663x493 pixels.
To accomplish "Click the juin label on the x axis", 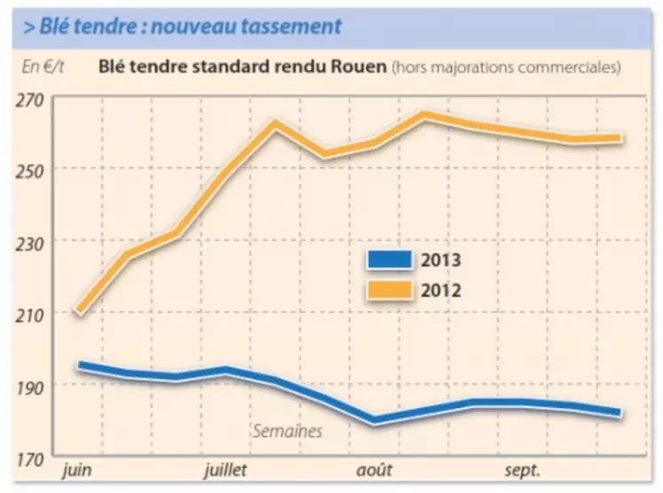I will (79, 469).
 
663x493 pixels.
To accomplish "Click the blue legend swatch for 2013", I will (389, 260).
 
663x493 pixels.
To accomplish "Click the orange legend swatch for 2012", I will (389, 288).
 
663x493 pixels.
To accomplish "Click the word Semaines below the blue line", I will (287, 432).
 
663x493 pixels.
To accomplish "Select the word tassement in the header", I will (290, 26).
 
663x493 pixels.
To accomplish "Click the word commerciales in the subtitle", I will (572, 67).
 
